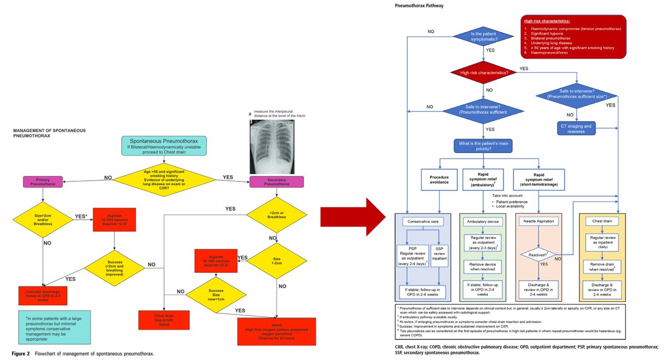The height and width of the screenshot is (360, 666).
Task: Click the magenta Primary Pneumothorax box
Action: coord(43,181)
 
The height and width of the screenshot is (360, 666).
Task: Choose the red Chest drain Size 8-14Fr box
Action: coord(159,318)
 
